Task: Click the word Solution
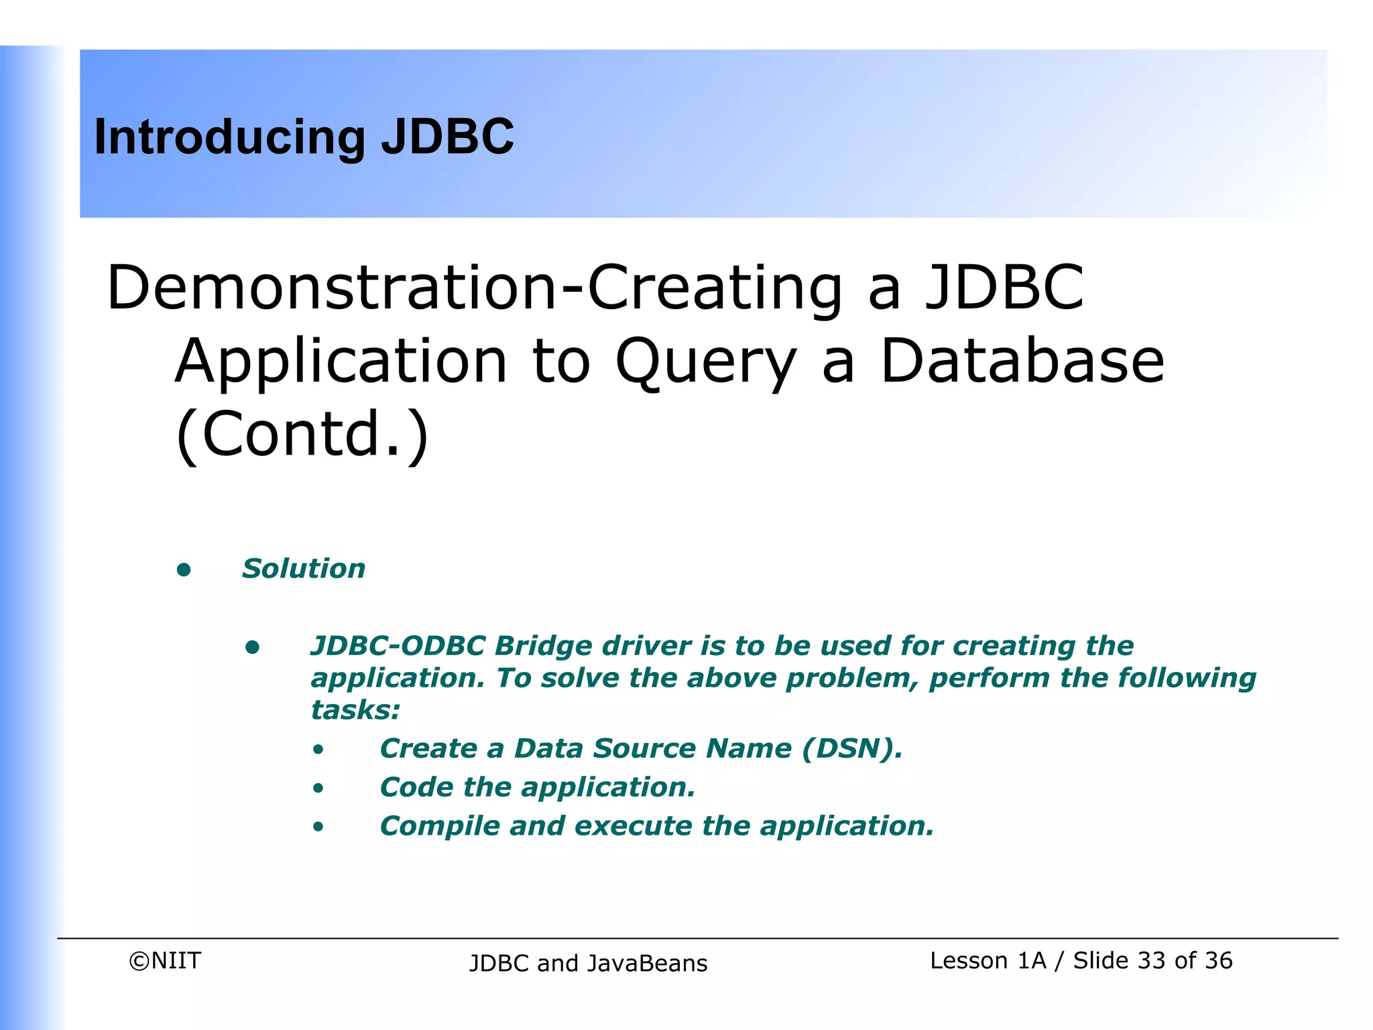(304, 569)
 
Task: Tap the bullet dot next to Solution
(184, 570)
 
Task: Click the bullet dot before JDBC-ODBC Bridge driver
(252, 647)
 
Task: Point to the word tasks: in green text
(355, 710)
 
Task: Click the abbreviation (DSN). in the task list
(852, 748)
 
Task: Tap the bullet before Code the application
(318, 789)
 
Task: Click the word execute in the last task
(633, 826)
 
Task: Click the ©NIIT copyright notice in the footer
(165, 961)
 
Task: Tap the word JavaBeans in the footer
(647, 964)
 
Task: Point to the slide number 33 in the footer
(1151, 961)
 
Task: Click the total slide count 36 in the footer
(1218, 961)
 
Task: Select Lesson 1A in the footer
(988, 961)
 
